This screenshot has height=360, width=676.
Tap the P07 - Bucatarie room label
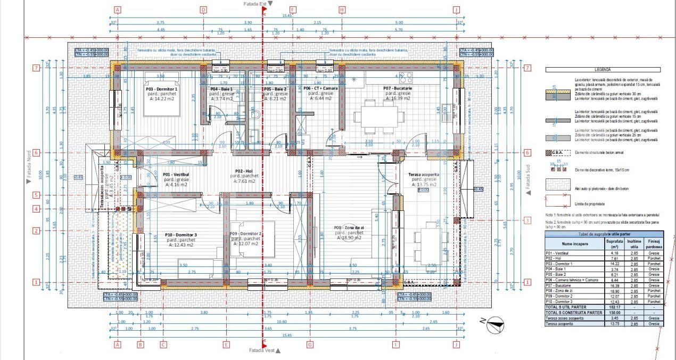[399, 88]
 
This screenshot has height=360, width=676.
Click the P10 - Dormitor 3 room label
[181, 234]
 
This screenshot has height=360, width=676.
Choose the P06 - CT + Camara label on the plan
[321, 88]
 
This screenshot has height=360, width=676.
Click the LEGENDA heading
[604, 69]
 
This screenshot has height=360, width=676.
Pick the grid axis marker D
[203, 10]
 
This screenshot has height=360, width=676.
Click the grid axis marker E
[226, 345]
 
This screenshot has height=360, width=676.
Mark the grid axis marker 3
[527, 220]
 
